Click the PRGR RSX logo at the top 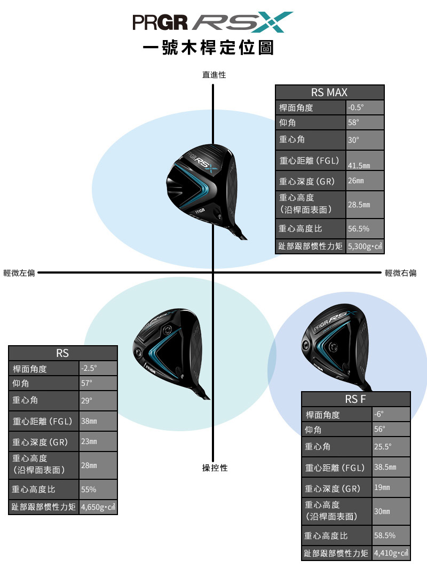pyautogui.click(x=213, y=22)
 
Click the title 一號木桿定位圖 pyautogui.click(x=208, y=48)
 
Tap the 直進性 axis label pyautogui.click(x=214, y=75)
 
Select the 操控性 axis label pyautogui.click(x=215, y=468)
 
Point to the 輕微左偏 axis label pyautogui.click(x=19, y=273)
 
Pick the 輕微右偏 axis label pyautogui.click(x=401, y=273)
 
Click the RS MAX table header pyautogui.click(x=329, y=92)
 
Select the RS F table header pyautogui.click(x=355, y=399)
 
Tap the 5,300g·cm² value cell pyautogui.click(x=365, y=246)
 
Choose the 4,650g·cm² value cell pyautogui.click(x=98, y=507)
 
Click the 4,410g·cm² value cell pyautogui.click(x=391, y=553)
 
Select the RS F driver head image pyautogui.click(x=335, y=346)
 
